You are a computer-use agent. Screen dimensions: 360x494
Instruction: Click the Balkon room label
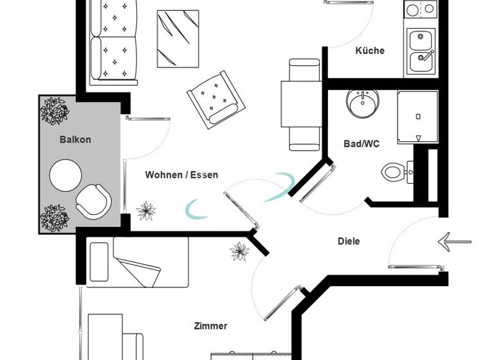pos(75,139)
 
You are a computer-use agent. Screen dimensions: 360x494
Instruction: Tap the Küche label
pos(370,51)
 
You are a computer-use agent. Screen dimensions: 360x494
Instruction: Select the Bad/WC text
pos(361,144)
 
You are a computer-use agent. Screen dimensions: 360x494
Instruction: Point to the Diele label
pos(349,241)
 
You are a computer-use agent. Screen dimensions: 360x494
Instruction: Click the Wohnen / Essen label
pos(181,175)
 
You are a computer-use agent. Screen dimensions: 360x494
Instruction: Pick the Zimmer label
pos(210,326)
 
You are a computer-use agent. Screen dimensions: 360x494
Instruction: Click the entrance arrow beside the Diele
pos(454,242)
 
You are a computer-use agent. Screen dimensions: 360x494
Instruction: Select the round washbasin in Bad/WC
pos(362,103)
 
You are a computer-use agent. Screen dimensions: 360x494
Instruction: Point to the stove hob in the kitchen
pos(421,8)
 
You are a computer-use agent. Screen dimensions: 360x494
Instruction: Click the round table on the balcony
pos(66,175)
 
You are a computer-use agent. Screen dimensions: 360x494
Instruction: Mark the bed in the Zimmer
pos(138,262)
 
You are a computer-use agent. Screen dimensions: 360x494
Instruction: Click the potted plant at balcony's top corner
pos(55,111)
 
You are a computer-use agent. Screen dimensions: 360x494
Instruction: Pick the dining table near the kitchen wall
pos(300,105)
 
